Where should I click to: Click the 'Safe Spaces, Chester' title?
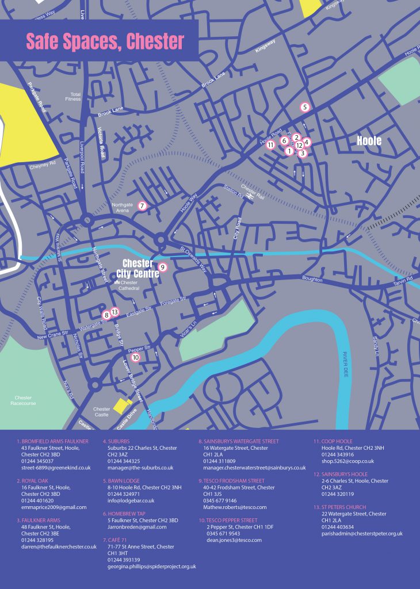click(105, 41)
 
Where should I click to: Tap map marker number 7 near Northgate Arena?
click(142, 205)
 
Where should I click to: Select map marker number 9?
click(163, 267)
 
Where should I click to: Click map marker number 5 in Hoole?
click(305, 106)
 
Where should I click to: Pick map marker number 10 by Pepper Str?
click(136, 357)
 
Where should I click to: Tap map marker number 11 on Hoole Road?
click(270, 145)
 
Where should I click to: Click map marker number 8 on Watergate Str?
click(106, 315)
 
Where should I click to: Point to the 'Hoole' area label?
click(369, 140)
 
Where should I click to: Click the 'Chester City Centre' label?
click(138, 268)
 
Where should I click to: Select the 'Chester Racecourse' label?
click(23, 400)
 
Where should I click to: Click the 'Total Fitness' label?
click(75, 97)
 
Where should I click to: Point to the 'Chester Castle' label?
click(102, 412)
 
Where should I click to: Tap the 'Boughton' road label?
click(313, 279)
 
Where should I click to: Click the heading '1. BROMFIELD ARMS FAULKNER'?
click(53, 441)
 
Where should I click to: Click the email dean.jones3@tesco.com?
click(234, 540)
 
